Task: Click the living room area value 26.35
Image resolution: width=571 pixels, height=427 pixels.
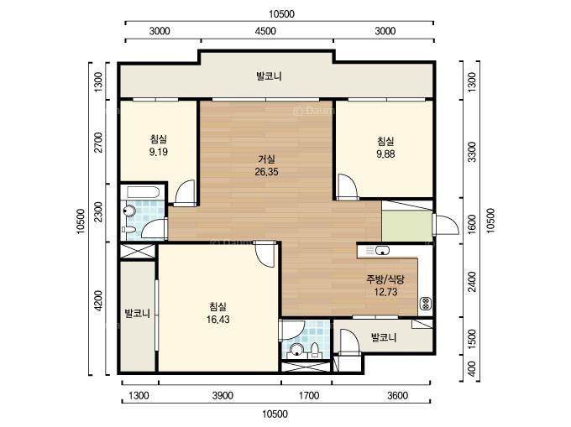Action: [x=266, y=172]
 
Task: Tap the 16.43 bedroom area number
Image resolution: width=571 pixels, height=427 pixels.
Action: [x=217, y=320]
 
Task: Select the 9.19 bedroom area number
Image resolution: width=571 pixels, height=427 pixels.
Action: [x=159, y=152]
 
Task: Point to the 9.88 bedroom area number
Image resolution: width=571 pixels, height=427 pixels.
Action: [x=385, y=154]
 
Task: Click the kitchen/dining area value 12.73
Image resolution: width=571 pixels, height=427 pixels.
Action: [x=385, y=292]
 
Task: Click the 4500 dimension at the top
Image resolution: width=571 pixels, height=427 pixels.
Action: [x=265, y=31]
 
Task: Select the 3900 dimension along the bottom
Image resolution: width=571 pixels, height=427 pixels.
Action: [x=223, y=395]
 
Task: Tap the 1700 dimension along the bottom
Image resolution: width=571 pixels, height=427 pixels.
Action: [x=309, y=395]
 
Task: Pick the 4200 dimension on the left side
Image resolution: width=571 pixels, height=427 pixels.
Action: [x=97, y=301]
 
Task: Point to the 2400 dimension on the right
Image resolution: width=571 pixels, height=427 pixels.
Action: [x=472, y=281]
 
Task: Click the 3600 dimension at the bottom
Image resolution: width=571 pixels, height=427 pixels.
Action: [x=397, y=395]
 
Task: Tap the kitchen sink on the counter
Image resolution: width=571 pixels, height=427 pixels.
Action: [x=382, y=250]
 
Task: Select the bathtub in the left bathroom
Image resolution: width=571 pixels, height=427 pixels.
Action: [x=143, y=191]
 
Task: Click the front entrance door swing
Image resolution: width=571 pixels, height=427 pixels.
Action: [x=447, y=225]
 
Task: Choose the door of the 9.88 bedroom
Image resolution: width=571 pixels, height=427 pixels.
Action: [x=347, y=186]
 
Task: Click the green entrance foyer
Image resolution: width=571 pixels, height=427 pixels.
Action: [x=407, y=226]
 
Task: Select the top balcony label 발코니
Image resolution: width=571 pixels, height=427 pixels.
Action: [x=269, y=76]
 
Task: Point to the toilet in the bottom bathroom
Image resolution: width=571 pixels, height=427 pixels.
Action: [x=316, y=349]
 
